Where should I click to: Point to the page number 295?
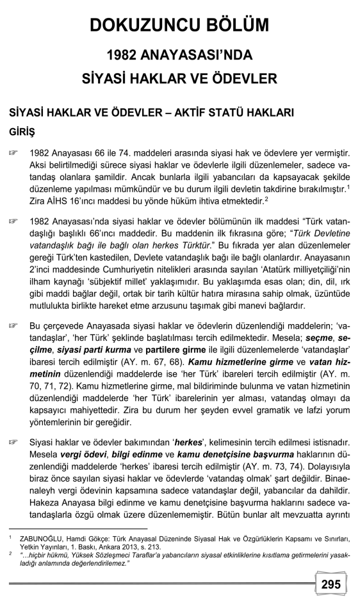click(331, 584)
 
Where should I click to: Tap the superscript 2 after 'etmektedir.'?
click(247, 199)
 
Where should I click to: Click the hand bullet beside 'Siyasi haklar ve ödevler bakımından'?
click(13, 443)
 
